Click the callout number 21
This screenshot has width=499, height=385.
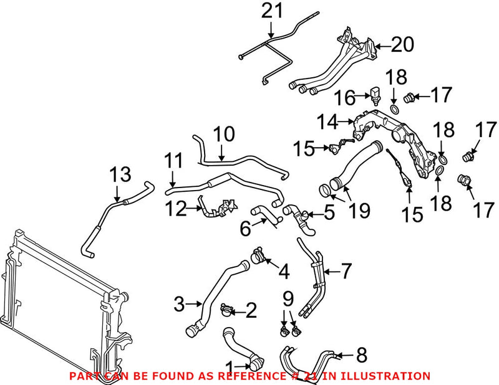(x=272, y=11)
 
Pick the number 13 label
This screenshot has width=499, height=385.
(x=121, y=175)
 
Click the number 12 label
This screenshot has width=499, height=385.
(x=176, y=209)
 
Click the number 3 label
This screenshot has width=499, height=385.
(x=179, y=305)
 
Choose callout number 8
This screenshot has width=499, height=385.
(x=362, y=355)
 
